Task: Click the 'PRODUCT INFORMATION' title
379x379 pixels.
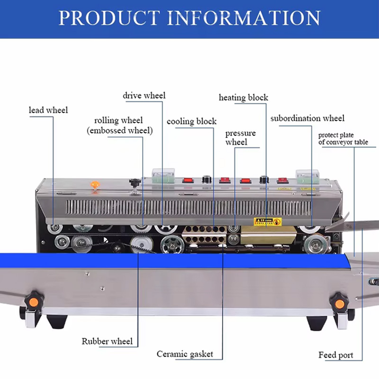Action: point(189,18)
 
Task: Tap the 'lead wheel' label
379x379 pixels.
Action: point(48,110)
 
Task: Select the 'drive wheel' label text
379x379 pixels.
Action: point(144,96)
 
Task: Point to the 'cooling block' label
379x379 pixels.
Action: point(191,121)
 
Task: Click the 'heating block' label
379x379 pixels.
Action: point(244,98)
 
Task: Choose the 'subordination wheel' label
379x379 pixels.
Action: point(307,118)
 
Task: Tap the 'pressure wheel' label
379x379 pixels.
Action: point(241,137)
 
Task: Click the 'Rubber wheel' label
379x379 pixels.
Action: point(107,341)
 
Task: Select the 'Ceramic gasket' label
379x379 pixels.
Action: point(185,354)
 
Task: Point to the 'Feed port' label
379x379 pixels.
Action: point(336,355)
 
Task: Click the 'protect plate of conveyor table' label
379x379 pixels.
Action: point(343,138)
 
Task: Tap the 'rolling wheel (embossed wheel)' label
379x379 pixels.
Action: point(120,126)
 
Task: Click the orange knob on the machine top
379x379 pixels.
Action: point(95,185)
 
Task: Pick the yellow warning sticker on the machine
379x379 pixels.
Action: point(268,221)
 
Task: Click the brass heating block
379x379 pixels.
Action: point(268,235)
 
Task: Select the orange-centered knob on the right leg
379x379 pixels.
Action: point(339,304)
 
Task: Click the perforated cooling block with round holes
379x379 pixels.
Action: point(204,235)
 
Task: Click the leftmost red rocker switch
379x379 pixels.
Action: point(188,180)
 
